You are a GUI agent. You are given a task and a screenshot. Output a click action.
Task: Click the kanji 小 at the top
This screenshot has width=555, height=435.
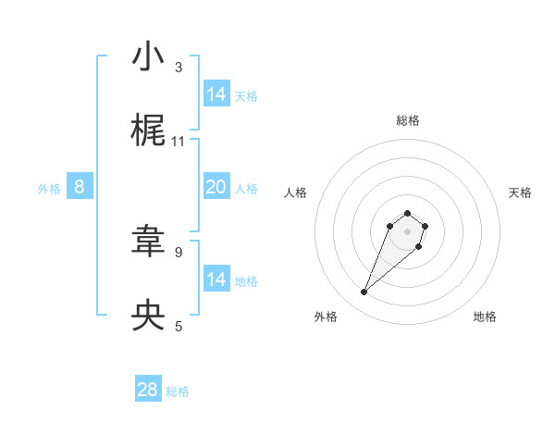[148, 57]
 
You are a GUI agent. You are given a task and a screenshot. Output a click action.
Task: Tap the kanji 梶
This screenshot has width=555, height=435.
[148, 131]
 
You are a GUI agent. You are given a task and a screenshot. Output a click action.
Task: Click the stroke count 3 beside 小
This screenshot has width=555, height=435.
[179, 67]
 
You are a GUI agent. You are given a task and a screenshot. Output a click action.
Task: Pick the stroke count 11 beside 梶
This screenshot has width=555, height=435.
[179, 141]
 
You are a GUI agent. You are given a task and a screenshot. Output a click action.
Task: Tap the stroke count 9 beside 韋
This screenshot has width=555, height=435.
[179, 251]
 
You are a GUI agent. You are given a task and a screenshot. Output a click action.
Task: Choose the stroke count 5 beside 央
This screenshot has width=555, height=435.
[179, 325]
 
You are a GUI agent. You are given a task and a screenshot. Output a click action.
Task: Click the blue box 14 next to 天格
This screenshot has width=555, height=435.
[216, 94]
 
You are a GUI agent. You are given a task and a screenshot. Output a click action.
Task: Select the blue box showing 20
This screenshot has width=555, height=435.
[216, 187]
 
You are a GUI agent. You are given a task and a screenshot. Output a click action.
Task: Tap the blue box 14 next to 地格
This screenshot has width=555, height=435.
[216, 280]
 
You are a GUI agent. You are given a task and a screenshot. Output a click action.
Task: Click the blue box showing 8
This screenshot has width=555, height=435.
[80, 187]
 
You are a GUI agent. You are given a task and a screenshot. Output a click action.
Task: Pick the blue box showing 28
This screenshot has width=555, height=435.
[148, 390]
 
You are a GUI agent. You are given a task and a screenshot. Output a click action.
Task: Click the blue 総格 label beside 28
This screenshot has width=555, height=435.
[178, 391]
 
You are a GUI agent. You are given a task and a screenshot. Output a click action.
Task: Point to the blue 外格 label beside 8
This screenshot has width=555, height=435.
[49, 189]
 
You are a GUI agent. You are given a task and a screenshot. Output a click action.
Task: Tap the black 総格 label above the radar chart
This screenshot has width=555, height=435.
[408, 120]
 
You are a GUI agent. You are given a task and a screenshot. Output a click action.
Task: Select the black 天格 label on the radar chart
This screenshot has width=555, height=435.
[520, 193]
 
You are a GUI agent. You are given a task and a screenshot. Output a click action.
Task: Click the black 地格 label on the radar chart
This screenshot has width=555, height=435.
[485, 317]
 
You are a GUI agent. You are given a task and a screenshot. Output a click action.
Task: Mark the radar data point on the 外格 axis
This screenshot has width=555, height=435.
[364, 292]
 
